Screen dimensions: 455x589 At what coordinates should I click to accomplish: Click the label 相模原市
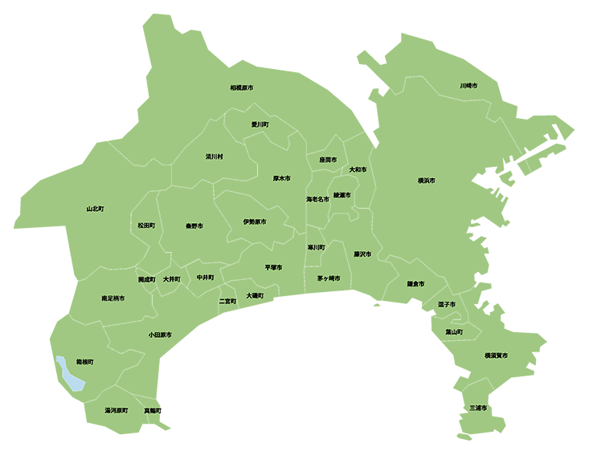point(241,87)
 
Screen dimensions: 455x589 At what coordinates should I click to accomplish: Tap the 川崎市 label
point(468,85)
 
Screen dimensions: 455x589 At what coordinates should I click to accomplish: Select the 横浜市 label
point(426,181)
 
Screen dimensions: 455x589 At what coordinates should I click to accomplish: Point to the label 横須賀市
point(496,355)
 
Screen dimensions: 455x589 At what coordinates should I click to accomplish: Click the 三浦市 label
point(478,408)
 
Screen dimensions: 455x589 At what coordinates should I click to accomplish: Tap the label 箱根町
point(84,363)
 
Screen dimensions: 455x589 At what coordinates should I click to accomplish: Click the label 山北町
point(96,209)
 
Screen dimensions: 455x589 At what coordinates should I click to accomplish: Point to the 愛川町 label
point(260,125)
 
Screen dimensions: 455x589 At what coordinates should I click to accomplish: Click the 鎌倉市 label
point(415,284)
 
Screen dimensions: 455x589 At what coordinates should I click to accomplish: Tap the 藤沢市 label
point(362,254)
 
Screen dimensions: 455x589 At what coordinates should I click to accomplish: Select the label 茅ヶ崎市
point(328,278)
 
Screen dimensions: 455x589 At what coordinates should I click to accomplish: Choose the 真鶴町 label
point(152,411)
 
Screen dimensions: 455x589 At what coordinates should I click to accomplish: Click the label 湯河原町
point(117,410)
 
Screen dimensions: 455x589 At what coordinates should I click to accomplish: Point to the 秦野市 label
point(194,226)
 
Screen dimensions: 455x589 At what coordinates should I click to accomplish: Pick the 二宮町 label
point(227,302)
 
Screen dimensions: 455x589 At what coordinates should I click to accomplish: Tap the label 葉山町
point(454,331)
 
